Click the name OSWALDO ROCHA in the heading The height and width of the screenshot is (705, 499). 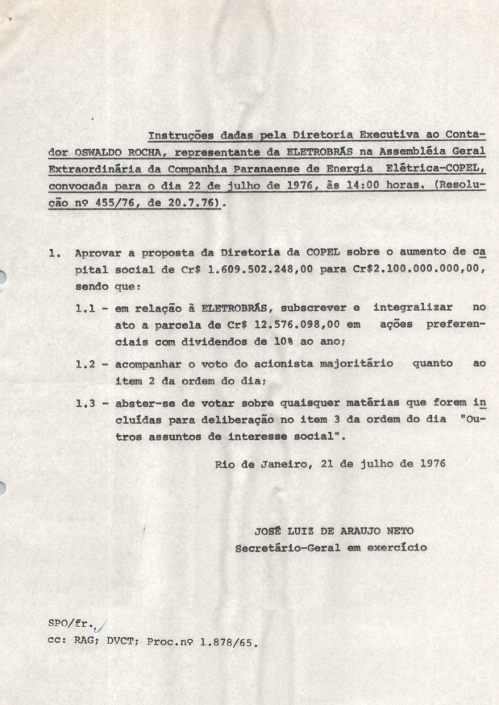tap(110, 151)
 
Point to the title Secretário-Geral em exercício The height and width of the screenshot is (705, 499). tap(331, 548)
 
